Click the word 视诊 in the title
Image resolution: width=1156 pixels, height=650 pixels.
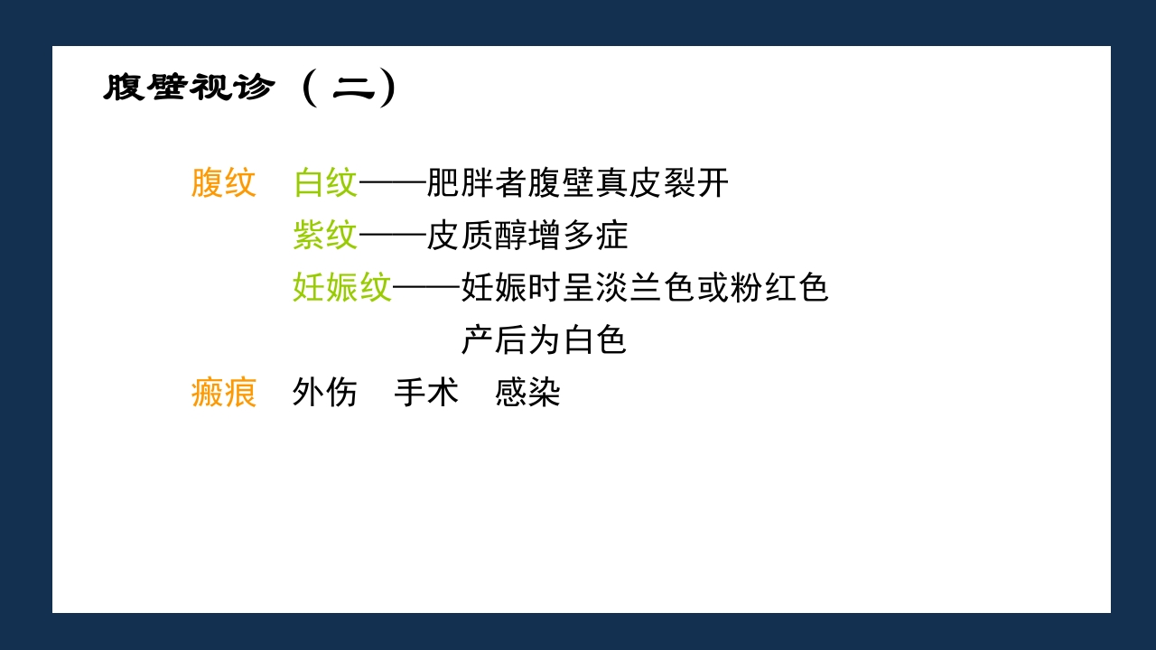point(232,88)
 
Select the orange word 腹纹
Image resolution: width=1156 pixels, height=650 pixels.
point(224,183)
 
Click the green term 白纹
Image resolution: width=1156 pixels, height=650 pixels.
point(325,183)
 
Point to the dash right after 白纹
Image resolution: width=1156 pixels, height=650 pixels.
point(392,183)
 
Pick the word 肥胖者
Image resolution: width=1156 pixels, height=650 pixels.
point(477,183)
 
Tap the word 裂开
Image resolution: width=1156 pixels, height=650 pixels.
point(696,183)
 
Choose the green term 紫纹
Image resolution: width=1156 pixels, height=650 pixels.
point(325,236)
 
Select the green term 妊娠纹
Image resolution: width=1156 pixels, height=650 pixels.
point(342,288)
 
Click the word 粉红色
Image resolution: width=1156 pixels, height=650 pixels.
point(779,288)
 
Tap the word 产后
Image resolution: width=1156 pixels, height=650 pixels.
point(494,340)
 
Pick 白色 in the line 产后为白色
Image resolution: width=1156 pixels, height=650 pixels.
point(595,340)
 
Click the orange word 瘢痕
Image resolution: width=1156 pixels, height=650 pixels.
point(224,393)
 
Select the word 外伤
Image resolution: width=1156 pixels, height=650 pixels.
point(325,393)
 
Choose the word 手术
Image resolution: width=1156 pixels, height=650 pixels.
point(426,393)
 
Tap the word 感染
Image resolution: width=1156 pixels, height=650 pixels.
point(527,393)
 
